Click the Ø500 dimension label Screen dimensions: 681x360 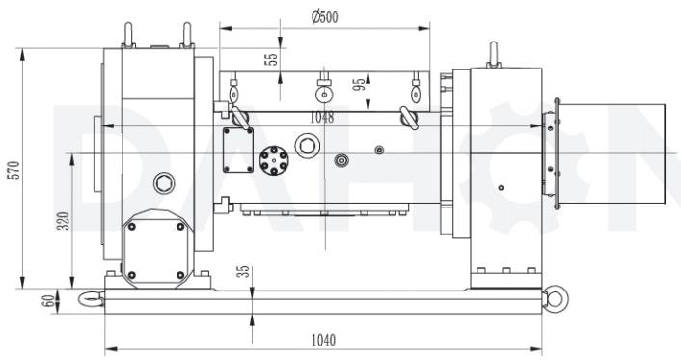(x=325, y=17)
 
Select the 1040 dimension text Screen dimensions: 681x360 (x=323, y=340)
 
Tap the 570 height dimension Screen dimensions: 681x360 (x=14, y=170)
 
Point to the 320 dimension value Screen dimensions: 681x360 (x=64, y=221)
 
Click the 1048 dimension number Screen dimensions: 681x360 (x=322, y=118)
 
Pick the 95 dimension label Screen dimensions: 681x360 (x=359, y=85)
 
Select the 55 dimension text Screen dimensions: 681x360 (x=271, y=59)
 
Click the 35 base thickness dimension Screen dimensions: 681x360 (x=245, y=272)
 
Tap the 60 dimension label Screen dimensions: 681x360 (x=48, y=301)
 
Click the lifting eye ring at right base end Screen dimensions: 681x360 (x=555, y=298)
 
